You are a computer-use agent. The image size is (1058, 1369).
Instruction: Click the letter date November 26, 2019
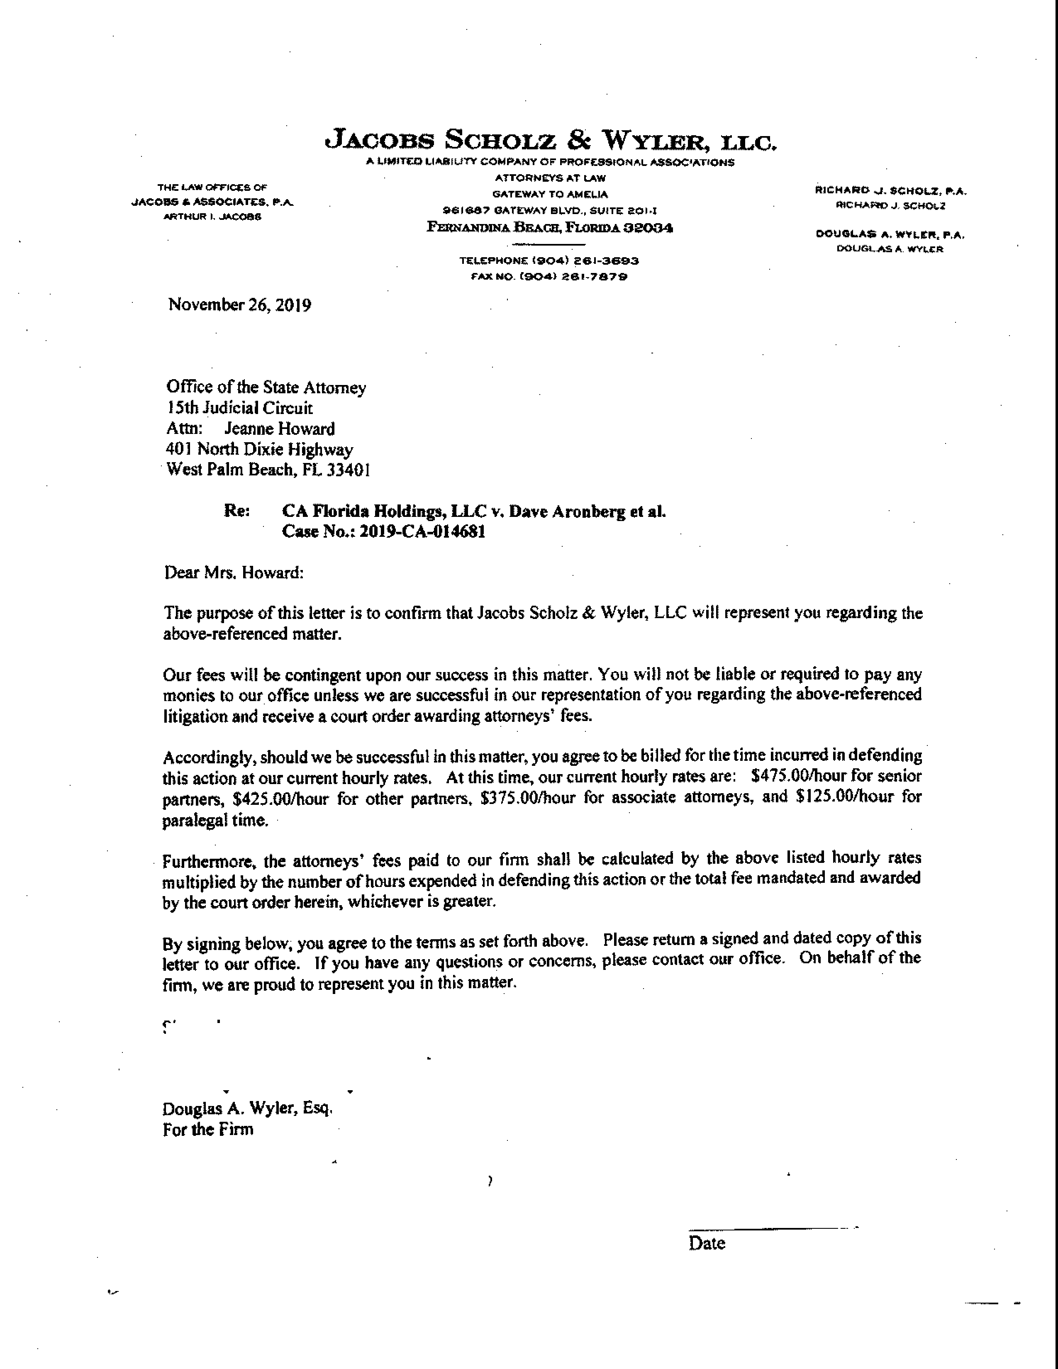239,305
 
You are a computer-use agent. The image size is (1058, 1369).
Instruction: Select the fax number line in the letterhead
549,276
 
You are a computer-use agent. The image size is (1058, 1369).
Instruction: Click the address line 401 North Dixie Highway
259,449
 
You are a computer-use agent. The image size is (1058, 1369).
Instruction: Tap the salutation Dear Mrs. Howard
234,573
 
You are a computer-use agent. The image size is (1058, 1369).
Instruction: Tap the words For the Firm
208,1130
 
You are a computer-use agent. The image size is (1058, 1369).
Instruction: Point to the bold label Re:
237,511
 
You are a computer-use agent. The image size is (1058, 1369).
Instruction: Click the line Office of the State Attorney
266,387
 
